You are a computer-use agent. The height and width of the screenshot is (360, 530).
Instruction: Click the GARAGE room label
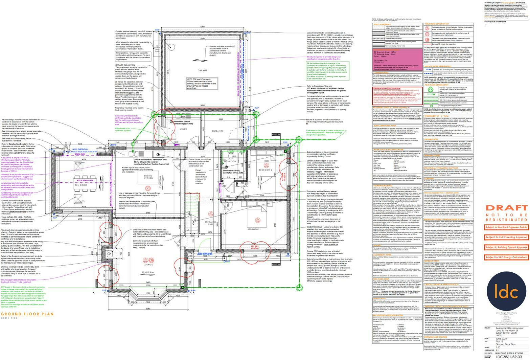click(x=202, y=70)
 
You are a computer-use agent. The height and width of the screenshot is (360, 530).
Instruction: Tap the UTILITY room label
click(x=184, y=129)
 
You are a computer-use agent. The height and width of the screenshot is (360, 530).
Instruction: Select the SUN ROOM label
click(x=81, y=185)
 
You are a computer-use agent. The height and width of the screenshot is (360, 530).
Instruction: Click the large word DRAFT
click(x=506, y=208)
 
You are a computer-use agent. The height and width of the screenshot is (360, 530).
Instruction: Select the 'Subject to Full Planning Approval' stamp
click(x=506, y=237)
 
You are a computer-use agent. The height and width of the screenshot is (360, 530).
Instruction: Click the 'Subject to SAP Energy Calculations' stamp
click(x=506, y=257)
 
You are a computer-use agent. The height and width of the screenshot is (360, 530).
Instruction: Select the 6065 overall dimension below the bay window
click(x=148, y=309)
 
